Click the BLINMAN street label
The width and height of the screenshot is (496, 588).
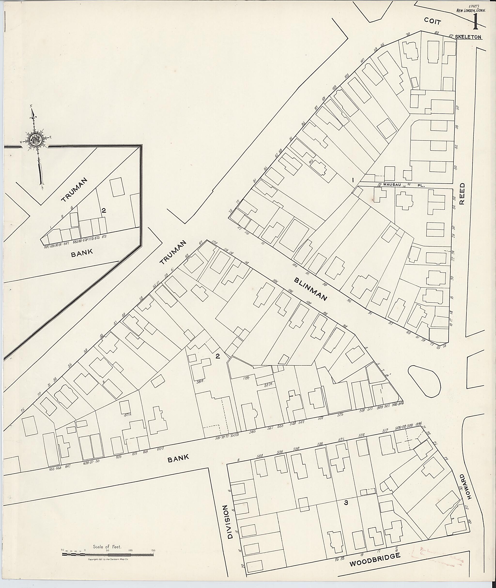pyautogui.click(x=311, y=289)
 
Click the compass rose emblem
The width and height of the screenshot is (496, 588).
pyautogui.click(x=36, y=139)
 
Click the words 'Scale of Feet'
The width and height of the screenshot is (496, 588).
pyautogui.click(x=107, y=547)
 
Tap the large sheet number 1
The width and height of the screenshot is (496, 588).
pyautogui.click(x=475, y=21)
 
